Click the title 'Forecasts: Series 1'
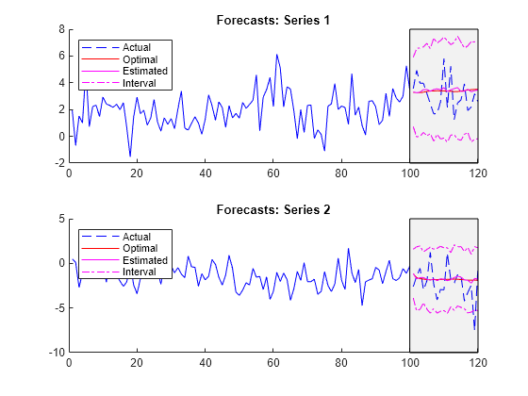(273, 20)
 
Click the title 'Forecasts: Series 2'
(273, 209)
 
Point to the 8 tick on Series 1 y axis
(60, 29)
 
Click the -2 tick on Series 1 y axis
(58, 163)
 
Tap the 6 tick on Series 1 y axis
(60, 56)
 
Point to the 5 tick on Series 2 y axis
(60, 219)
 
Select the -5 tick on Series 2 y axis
(58, 307)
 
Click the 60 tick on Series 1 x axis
(273, 173)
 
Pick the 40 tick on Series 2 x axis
(206, 362)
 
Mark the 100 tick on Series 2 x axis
(409, 362)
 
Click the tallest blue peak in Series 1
(277, 55)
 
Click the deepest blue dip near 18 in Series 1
(130, 156)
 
